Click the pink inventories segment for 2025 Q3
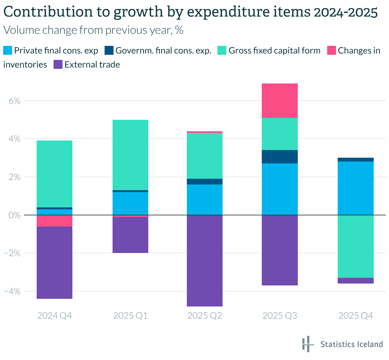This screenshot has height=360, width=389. tap(280, 101)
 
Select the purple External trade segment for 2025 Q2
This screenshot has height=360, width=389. tap(205, 261)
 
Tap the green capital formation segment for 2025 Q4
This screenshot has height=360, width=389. tap(356, 246)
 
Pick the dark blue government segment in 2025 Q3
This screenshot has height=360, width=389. tap(280, 157)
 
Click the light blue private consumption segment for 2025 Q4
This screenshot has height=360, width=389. tap(356, 188)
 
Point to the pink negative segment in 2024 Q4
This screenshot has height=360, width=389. tap(54, 221)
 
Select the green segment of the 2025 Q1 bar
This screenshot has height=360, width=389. tap(130, 155)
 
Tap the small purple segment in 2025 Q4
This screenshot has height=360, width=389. tap(356, 281)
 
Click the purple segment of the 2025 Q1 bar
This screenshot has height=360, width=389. tap(130, 235)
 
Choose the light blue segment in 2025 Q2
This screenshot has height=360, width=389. tap(205, 200)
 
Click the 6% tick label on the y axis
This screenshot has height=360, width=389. tap(14, 101)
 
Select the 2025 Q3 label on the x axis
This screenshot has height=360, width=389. tap(280, 316)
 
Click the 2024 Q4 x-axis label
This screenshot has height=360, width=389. tap(55, 316)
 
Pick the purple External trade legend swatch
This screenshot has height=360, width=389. tap(58, 65)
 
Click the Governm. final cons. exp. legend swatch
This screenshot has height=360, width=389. tap(109, 51)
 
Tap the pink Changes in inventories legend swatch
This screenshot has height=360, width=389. tap(332, 51)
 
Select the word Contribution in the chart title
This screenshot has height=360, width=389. tap(45, 12)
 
